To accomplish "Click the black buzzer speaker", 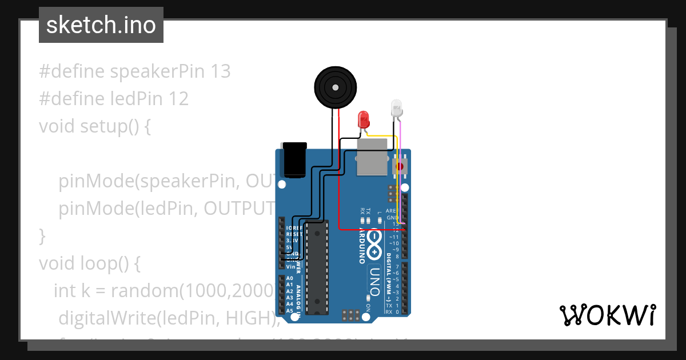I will pos(335,87).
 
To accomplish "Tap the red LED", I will pos(363,119).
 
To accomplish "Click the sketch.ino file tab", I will pos(101,25).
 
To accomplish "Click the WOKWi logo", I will pos(607,315).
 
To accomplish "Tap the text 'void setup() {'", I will pos(95,126).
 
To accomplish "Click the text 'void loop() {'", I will pos(89,263).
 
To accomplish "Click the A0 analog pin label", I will pos(289,278).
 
